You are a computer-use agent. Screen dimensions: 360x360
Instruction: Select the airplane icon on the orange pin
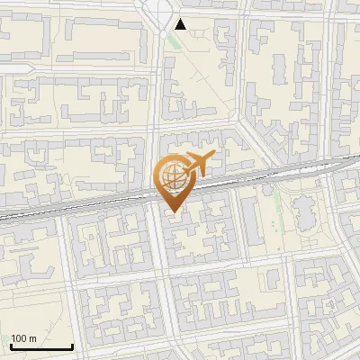[x=197, y=165]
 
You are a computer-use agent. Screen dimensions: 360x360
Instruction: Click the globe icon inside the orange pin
[x=172, y=176]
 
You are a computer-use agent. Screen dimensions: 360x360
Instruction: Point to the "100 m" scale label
[x=23, y=338]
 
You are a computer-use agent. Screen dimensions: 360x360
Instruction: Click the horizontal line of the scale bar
[x=41, y=347]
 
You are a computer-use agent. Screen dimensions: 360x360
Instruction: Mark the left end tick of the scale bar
[x=11, y=345]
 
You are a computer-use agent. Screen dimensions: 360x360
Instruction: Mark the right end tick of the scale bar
[x=72, y=345]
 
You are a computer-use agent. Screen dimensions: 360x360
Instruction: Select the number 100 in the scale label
[x=19, y=338]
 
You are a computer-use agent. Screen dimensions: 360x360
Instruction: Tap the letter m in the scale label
[x=31, y=339]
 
